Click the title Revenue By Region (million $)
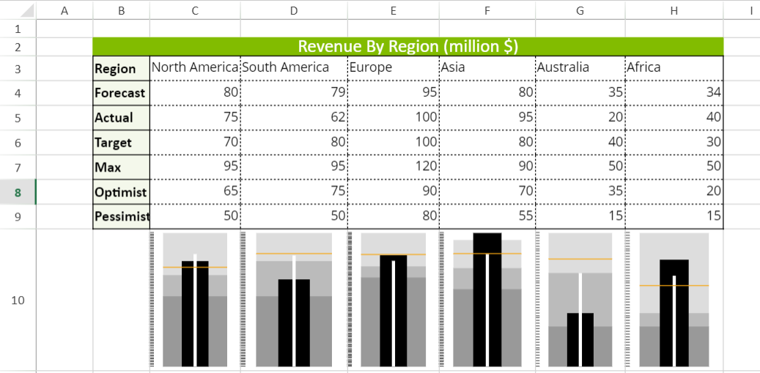[x=407, y=46]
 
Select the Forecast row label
[x=120, y=93]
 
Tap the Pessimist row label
[x=122, y=217]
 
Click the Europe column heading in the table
[x=371, y=67]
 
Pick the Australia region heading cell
[x=563, y=67]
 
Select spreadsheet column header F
[x=487, y=10]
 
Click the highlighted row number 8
[x=18, y=193]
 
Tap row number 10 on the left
[x=18, y=300]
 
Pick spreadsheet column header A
[x=64, y=10]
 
